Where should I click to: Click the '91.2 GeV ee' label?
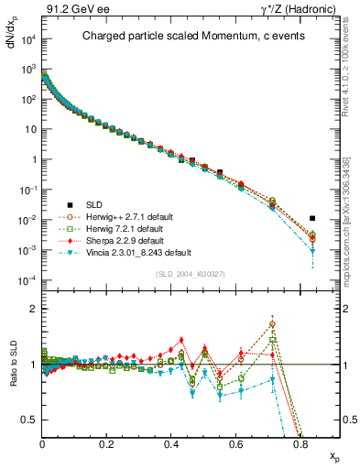(x=74, y=9)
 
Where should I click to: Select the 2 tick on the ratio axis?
(x=35, y=309)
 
